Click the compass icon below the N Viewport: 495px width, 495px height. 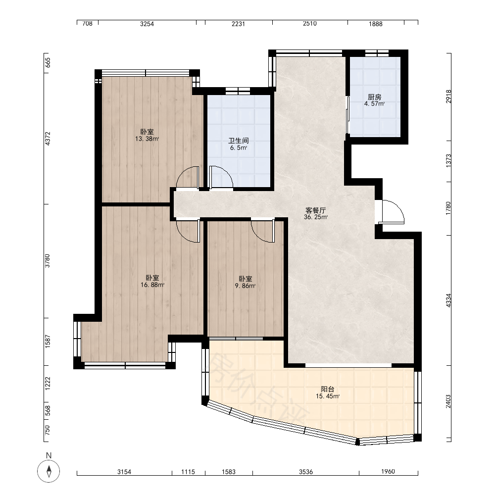49,471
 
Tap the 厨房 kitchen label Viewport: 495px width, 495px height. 374,97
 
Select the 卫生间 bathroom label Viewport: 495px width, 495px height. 239,141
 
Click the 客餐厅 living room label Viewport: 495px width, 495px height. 315,210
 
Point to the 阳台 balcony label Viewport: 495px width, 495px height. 327,389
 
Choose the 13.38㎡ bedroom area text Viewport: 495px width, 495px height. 147,139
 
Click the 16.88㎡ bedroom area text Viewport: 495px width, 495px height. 152,285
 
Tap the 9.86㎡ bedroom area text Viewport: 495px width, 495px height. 245,286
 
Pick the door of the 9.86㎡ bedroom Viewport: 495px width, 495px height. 263,231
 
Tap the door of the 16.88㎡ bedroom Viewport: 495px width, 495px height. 188,231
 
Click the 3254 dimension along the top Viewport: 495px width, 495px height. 147,24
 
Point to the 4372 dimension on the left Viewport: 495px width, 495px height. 48,138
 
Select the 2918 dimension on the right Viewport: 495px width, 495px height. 448,97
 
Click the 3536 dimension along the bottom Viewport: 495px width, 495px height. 306,472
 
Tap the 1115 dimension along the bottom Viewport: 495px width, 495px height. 188,472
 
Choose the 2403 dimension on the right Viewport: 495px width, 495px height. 448,401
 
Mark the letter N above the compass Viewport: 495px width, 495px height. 49,455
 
